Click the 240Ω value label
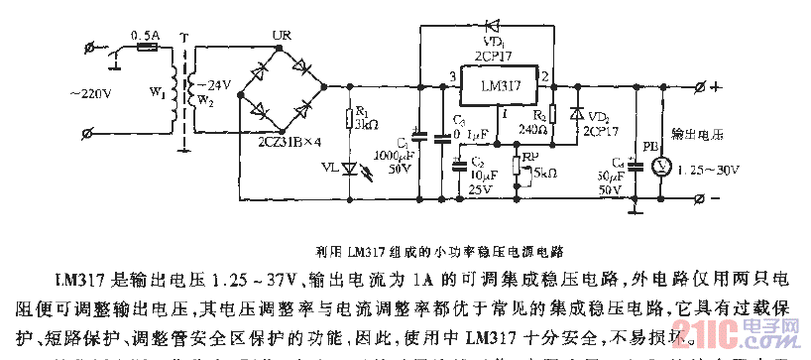[531, 128]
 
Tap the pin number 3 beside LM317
[451, 77]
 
